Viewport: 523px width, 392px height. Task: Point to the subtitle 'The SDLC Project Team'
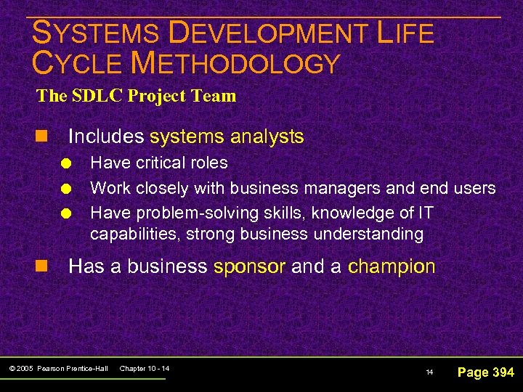coord(137,96)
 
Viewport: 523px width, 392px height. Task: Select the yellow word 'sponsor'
coord(249,266)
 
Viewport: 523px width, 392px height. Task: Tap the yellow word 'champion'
coord(392,266)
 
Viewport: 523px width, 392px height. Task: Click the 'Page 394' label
coord(485,372)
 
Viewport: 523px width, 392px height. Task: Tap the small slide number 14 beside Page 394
coord(429,372)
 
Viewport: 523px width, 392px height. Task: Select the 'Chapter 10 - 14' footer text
coord(144,369)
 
